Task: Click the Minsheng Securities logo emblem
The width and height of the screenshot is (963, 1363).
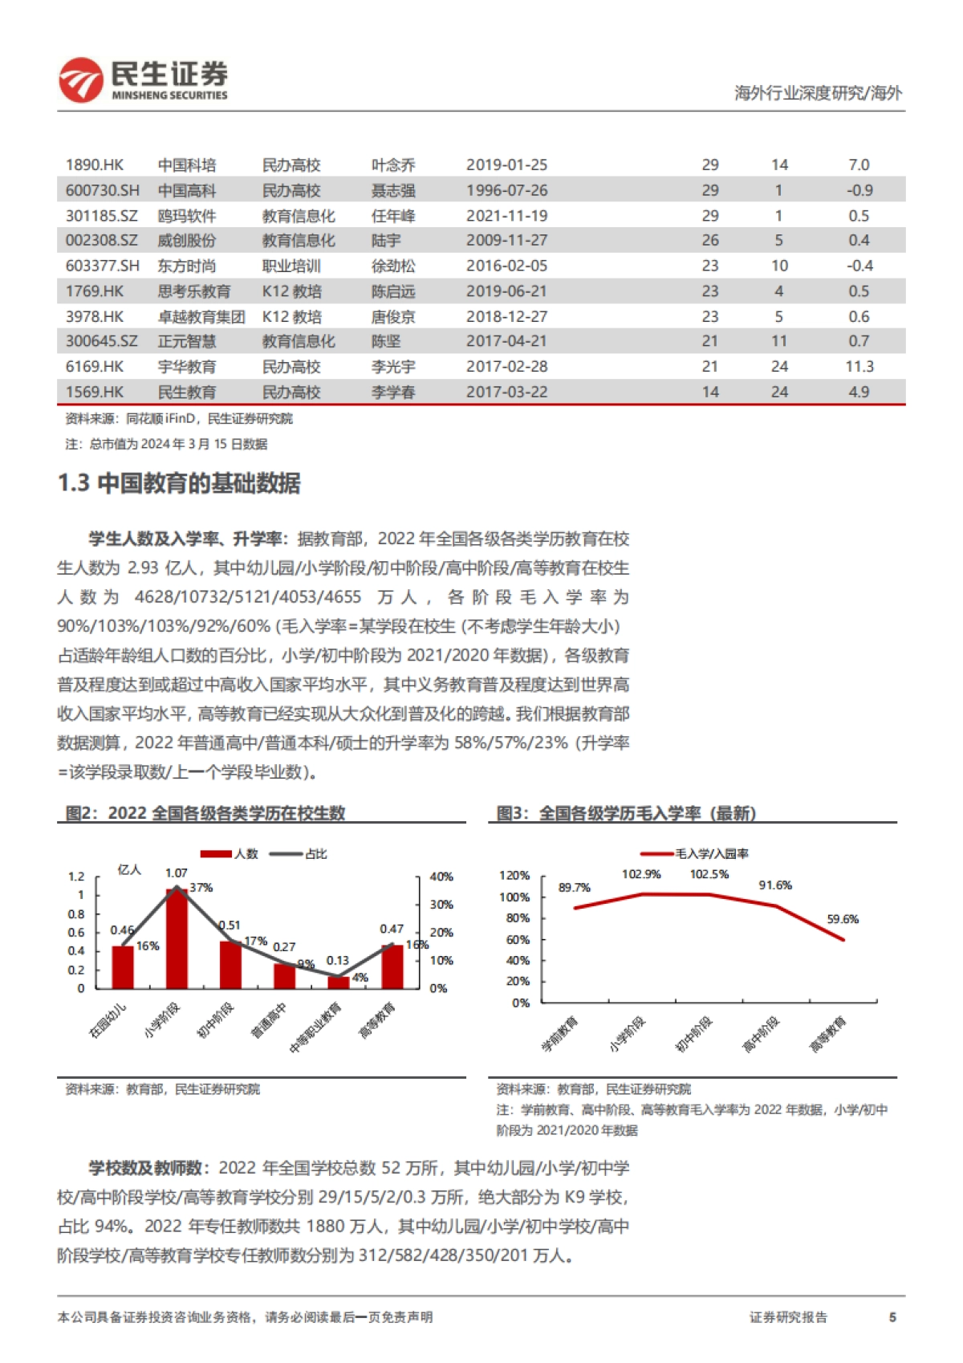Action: [x=80, y=79]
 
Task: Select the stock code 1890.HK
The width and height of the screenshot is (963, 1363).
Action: [x=95, y=165]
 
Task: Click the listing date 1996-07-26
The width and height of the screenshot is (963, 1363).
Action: [x=506, y=191]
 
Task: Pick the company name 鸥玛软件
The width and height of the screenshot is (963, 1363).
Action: [x=187, y=216]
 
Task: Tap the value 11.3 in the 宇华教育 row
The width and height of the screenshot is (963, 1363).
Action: [x=859, y=367]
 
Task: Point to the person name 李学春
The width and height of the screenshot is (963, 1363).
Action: [x=393, y=393]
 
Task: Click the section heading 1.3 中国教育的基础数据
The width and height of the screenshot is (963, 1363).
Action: [x=179, y=483]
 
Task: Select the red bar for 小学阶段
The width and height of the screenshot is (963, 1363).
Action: [x=177, y=939]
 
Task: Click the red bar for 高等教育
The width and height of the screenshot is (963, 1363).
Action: [x=392, y=966]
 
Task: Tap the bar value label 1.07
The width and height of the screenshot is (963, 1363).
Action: [x=177, y=873]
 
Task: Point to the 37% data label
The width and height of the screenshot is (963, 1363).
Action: [x=201, y=888]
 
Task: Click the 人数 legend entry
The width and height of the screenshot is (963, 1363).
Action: [x=230, y=854]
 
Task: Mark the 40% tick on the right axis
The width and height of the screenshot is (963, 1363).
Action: [x=441, y=877]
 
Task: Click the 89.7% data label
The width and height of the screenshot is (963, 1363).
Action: [x=575, y=888]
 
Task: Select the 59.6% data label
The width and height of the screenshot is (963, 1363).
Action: [x=843, y=919]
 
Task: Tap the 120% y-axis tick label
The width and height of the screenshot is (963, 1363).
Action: [x=514, y=876]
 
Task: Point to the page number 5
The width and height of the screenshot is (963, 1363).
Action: [x=892, y=1317]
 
